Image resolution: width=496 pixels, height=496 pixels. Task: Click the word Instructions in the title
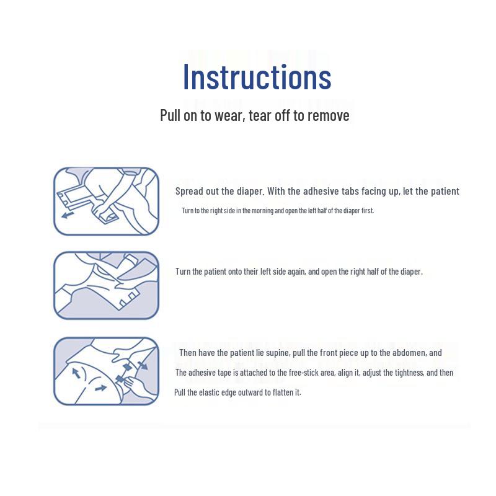257,77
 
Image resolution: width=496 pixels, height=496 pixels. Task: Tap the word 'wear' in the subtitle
229,115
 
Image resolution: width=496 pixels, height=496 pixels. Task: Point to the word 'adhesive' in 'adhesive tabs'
322,191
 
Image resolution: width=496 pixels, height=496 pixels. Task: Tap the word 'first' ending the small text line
367,211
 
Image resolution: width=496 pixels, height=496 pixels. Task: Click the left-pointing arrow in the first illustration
67,215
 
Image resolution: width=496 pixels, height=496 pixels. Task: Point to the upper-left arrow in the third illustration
76,373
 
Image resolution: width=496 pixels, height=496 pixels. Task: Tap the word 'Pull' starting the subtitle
170,115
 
